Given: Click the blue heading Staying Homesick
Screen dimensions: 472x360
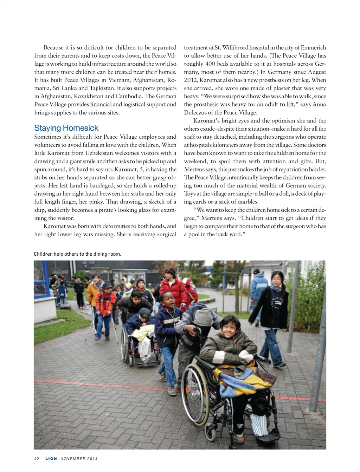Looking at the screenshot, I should pos(66,128).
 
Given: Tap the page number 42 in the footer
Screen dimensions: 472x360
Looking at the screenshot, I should pos(37,459).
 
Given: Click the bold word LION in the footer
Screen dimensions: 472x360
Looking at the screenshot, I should pos(51,459).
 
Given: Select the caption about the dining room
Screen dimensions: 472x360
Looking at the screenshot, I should pos(77,254).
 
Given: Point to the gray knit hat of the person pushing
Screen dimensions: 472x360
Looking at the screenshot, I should pos(203,317).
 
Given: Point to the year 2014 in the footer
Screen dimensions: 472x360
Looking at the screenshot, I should pos(92,459).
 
